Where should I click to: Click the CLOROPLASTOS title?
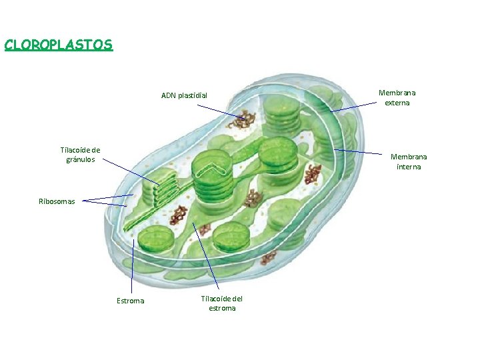click(x=59, y=45)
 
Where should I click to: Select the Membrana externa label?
click(x=397, y=98)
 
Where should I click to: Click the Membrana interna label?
click(x=409, y=161)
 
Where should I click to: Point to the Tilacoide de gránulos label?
click(x=80, y=155)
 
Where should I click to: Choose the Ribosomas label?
click(x=57, y=201)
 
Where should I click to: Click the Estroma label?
click(x=130, y=301)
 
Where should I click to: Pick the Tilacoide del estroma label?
click(x=222, y=303)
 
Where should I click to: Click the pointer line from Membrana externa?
click(x=355, y=107)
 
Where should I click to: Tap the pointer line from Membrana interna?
click(x=360, y=153)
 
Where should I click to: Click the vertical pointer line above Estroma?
click(x=133, y=267)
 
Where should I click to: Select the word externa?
click(x=397, y=103)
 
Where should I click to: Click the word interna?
click(x=409, y=167)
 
